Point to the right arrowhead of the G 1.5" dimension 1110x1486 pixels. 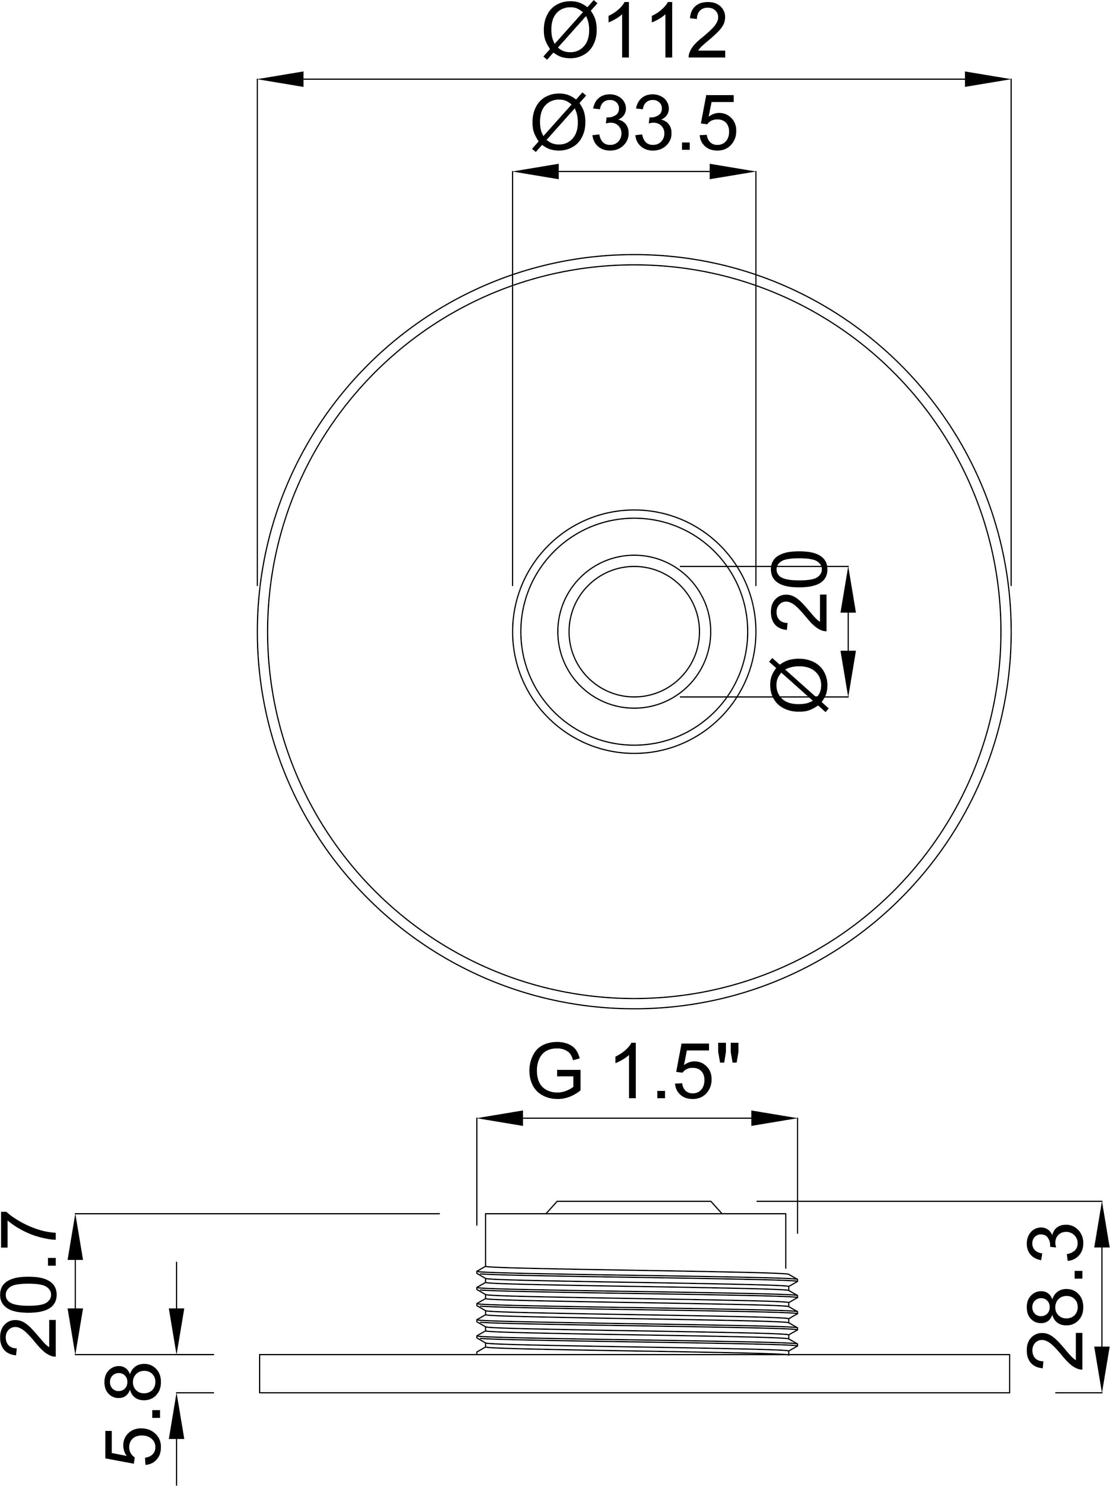click(774, 1118)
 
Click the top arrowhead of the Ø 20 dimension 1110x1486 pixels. click(848, 589)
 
